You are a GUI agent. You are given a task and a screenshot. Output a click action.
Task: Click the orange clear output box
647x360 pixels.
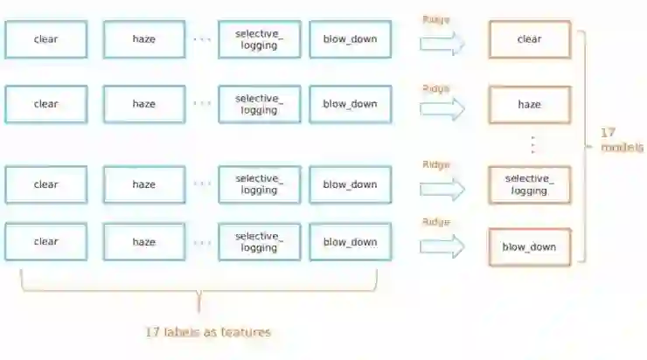coord(529,39)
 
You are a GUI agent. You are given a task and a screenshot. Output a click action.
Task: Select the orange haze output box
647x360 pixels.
coord(529,104)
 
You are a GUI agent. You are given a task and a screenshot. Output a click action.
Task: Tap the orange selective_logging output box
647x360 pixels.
coord(529,184)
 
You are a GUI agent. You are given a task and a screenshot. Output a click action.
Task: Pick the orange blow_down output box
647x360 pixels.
coord(529,246)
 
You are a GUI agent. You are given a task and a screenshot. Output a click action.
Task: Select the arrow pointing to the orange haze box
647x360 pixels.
coord(442,109)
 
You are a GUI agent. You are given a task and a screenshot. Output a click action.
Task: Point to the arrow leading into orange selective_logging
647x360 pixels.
coord(442,190)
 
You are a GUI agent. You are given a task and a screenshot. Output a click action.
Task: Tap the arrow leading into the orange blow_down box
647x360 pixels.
coord(442,247)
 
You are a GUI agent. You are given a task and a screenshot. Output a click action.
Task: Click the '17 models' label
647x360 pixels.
coord(621,140)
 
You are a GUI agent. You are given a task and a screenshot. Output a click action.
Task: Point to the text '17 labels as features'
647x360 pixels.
coord(208,332)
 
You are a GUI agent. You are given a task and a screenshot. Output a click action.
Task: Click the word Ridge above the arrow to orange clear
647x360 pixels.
coord(435,20)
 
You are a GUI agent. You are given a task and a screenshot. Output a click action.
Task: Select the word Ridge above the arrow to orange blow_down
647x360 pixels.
coord(435,222)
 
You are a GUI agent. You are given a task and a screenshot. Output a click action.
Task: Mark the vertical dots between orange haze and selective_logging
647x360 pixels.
coord(532,144)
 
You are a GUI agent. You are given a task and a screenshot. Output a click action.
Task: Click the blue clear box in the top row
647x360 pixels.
coord(45,39)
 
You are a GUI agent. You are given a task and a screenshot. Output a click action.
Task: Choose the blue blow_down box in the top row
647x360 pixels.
coord(350,39)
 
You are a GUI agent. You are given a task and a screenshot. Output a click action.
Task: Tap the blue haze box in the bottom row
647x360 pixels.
coord(143,242)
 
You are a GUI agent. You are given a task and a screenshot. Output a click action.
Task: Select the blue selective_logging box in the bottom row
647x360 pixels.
coord(259,242)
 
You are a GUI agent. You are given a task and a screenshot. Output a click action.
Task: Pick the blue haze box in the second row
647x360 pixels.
coord(143,104)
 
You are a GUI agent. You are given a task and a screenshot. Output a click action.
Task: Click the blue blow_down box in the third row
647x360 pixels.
coord(350,184)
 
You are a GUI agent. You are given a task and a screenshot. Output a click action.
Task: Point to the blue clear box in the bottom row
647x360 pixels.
coord(45,242)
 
